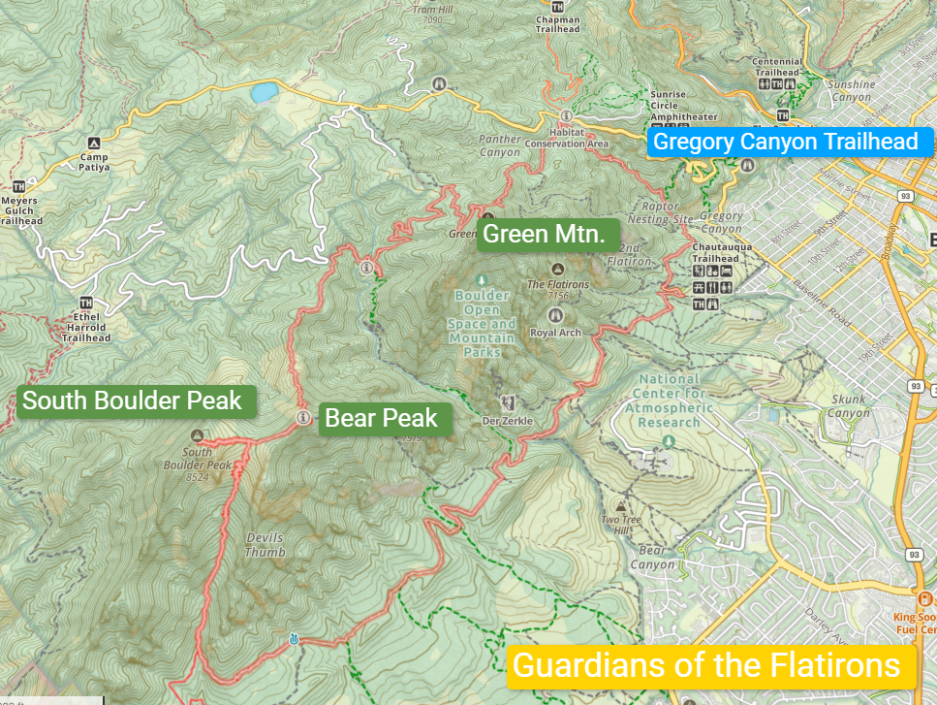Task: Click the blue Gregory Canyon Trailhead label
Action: [x=786, y=143]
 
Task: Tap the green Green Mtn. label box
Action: [x=544, y=234]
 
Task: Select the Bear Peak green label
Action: [x=381, y=419]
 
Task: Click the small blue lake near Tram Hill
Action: [x=263, y=93]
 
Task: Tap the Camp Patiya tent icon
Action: [x=94, y=143]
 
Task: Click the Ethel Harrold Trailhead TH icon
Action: [x=86, y=302]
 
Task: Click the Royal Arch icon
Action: [x=556, y=315]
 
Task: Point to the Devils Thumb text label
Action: [x=265, y=545]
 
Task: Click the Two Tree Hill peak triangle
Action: [x=621, y=507]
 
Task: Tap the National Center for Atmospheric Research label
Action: [x=669, y=401]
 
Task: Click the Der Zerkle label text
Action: [x=507, y=421]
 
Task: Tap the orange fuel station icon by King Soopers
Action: [x=926, y=598]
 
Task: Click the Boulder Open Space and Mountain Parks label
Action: [x=482, y=324]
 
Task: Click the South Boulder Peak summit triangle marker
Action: [x=198, y=435]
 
